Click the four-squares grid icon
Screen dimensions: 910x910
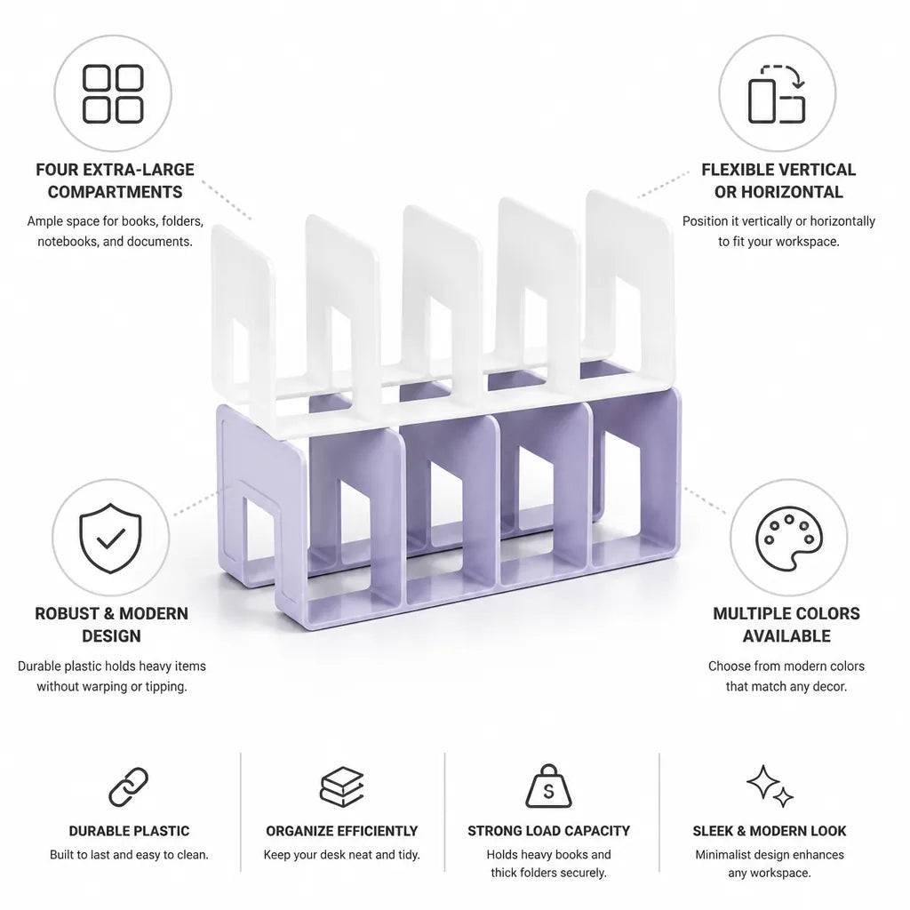113,93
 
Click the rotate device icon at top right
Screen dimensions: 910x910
777,94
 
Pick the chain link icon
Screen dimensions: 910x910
129,787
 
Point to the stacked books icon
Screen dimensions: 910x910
342,787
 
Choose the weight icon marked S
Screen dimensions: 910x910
548,786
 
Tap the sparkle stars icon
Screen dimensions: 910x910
770,786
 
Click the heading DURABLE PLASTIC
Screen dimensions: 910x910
129,831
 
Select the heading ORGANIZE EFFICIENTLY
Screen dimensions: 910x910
342,831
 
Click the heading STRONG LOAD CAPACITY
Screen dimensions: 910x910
548,831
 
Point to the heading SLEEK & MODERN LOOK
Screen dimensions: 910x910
770,831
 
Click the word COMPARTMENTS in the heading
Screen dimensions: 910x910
115,192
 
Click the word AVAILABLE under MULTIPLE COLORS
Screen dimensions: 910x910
786,636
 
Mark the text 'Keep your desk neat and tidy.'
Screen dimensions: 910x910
342,855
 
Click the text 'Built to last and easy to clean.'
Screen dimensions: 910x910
129,855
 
